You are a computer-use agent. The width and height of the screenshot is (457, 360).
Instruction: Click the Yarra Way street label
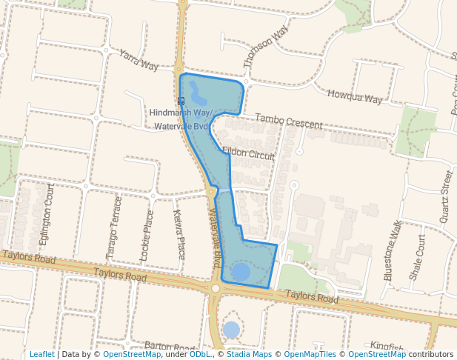click(139, 60)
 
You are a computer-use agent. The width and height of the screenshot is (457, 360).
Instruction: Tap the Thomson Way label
click(265, 47)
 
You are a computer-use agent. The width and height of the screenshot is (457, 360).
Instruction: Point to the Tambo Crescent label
click(288, 121)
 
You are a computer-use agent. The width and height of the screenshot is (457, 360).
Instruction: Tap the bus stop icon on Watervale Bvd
click(181, 101)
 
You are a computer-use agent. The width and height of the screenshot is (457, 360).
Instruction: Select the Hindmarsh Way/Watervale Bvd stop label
click(181, 119)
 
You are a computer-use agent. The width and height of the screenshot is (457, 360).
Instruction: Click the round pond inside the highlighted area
click(241, 272)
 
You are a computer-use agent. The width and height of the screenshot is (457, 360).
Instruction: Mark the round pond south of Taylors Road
click(231, 329)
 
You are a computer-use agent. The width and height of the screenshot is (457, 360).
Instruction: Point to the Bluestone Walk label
click(393, 249)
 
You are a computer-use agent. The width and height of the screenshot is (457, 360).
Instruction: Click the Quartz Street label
click(444, 196)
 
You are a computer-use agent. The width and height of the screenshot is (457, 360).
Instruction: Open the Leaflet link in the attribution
click(41, 354)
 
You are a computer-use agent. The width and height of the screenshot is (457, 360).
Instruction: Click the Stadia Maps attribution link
click(249, 354)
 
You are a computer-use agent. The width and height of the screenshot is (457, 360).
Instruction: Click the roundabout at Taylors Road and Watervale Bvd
click(216, 288)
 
